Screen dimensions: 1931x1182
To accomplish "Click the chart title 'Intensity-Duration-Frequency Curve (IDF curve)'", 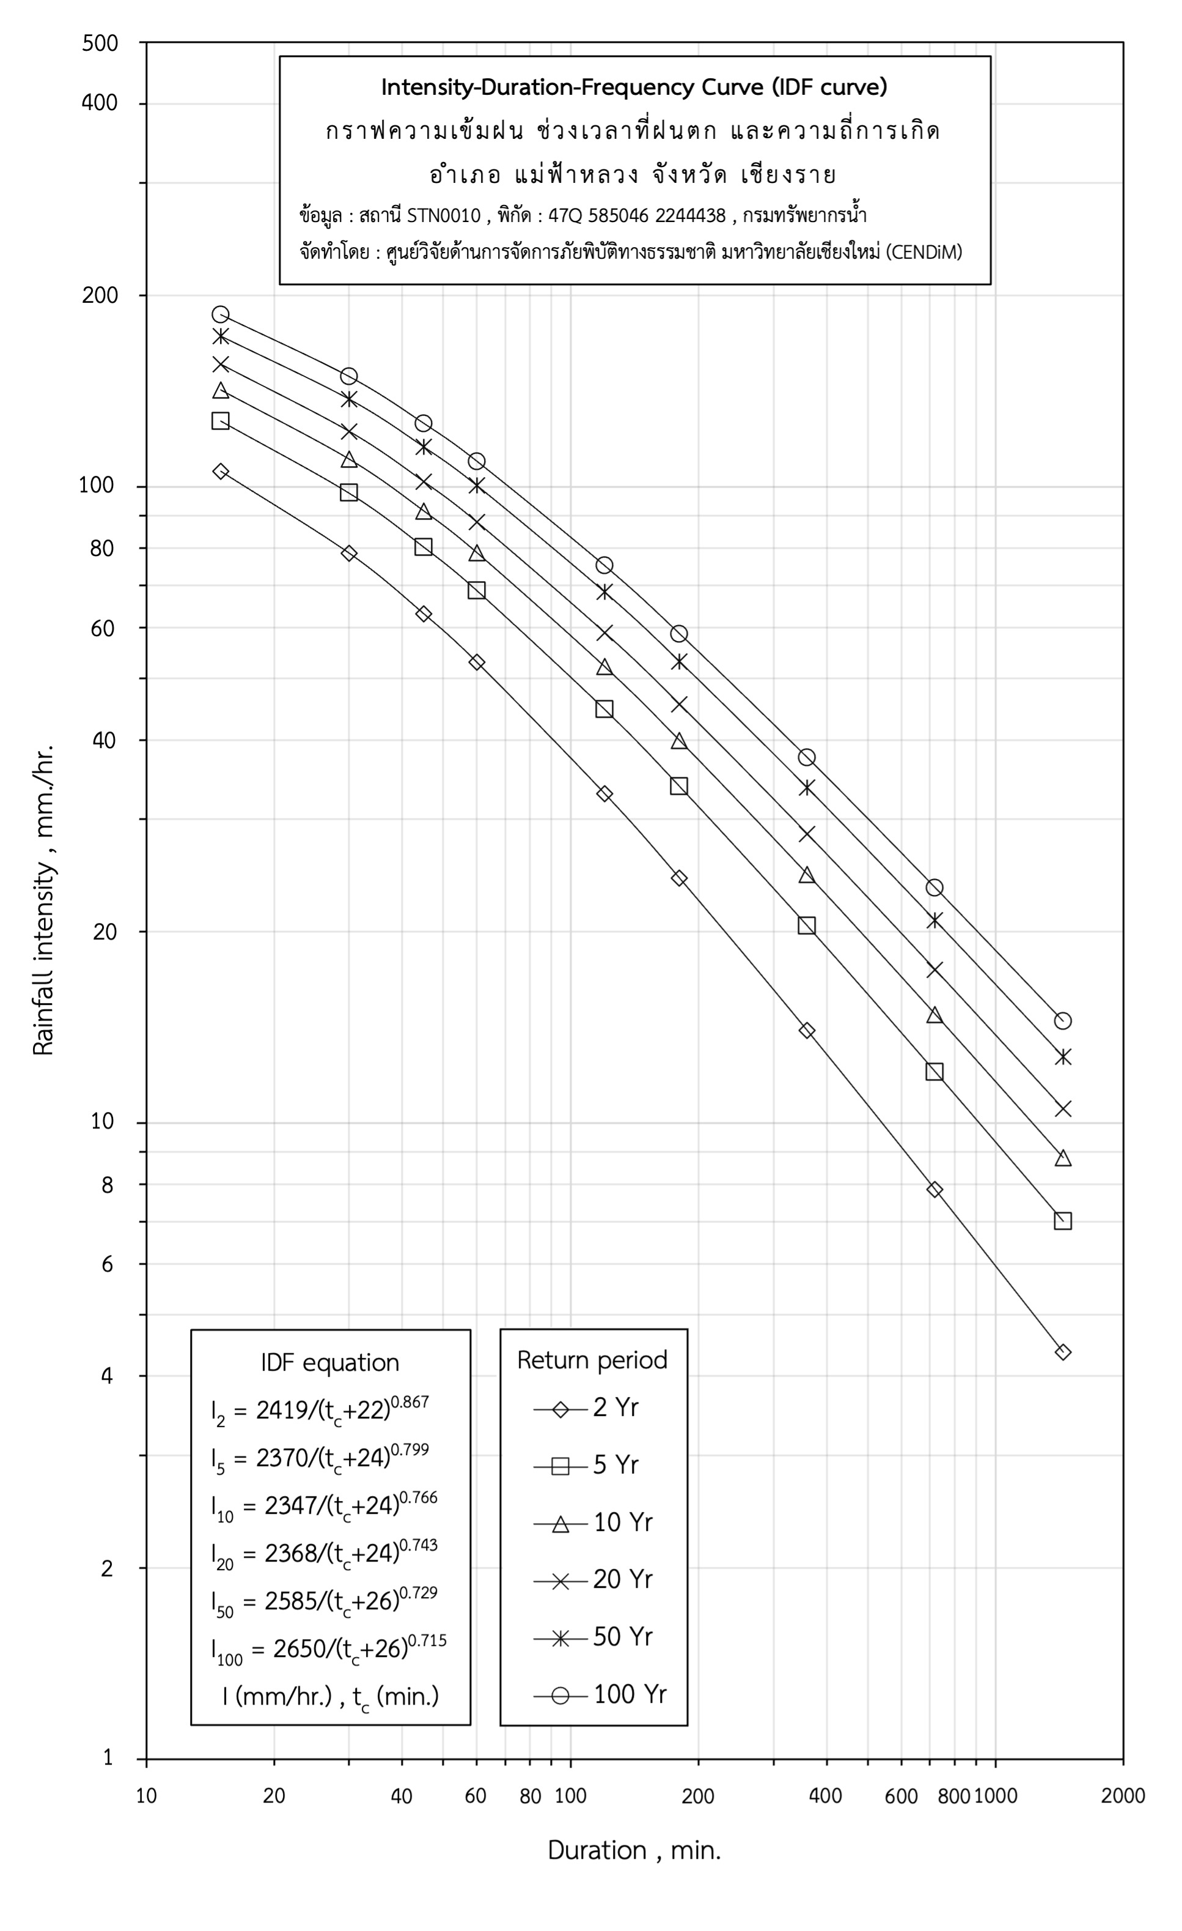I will point(634,87).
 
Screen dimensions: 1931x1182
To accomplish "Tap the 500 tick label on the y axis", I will point(100,43).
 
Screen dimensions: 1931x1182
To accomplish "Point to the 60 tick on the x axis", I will point(475,1795).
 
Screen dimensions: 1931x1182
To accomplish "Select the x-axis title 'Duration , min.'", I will point(634,1872).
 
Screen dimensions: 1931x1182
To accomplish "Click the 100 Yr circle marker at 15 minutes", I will point(220,314).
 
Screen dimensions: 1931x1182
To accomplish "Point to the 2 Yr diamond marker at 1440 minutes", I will point(1062,1351).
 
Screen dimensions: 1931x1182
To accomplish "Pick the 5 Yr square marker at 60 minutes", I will point(476,590).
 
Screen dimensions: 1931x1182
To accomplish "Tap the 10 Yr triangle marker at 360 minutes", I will point(807,875).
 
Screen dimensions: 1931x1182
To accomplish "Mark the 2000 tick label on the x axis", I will point(1123,1795).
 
